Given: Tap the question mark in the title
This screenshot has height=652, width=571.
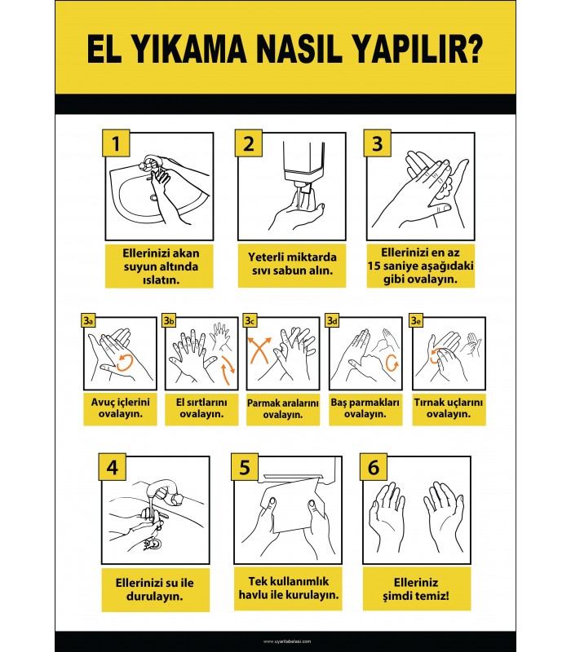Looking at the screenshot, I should pyautogui.click(x=472, y=51).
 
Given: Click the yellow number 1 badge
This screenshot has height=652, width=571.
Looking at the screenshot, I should pyautogui.click(x=115, y=143).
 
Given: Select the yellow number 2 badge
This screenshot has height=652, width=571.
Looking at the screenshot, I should pyautogui.click(x=248, y=143).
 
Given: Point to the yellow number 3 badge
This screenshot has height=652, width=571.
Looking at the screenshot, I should pyautogui.click(x=377, y=143).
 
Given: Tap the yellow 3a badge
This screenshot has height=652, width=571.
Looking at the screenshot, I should pyautogui.click(x=88, y=321).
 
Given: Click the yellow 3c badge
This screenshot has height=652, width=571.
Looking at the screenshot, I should pyautogui.click(x=250, y=321).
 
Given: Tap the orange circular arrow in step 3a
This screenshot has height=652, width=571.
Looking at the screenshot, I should pyautogui.click(x=126, y=361).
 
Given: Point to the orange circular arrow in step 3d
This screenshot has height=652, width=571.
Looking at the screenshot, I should pyautogui.click(x=391, y=361).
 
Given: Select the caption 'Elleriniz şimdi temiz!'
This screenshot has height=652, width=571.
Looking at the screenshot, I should pyautogui.click(x=417, y=589).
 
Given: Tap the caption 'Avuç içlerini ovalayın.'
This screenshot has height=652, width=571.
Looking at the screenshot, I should pyautogui.click(x=120, y=407).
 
